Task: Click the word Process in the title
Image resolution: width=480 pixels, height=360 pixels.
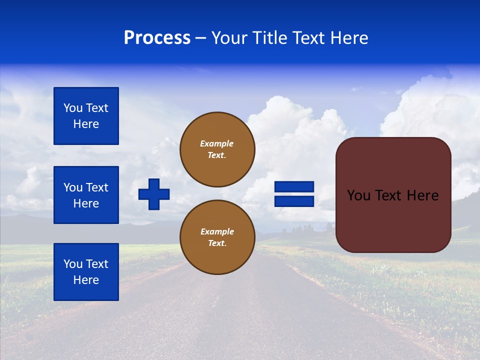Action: pos(157,38)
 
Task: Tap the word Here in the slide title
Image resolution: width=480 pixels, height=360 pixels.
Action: pos(349,38)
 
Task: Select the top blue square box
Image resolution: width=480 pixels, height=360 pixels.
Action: pos(86,116)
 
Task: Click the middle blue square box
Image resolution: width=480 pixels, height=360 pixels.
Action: pos(86,195)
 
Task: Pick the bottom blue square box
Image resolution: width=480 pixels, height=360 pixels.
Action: pos(86,272)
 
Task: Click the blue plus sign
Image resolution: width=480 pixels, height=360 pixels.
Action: pos(154,194)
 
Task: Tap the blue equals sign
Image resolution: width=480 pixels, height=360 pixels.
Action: pos(294,194)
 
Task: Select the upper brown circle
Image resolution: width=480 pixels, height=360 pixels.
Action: pos(217,149)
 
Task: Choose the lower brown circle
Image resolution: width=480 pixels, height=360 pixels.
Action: pos(217,237)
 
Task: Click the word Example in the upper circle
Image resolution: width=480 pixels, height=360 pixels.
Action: pos(216,143)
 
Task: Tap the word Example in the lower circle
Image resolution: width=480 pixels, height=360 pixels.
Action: pos(217,231)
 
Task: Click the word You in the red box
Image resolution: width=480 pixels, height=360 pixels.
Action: pos(358,195)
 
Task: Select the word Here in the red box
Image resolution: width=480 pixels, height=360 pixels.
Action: pos(422,195)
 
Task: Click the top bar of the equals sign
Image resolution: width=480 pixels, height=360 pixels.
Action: pos(294,187)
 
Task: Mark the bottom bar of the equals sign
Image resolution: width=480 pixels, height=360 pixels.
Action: pos(294,201)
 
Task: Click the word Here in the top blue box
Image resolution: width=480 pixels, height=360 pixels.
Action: pos(86,124)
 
